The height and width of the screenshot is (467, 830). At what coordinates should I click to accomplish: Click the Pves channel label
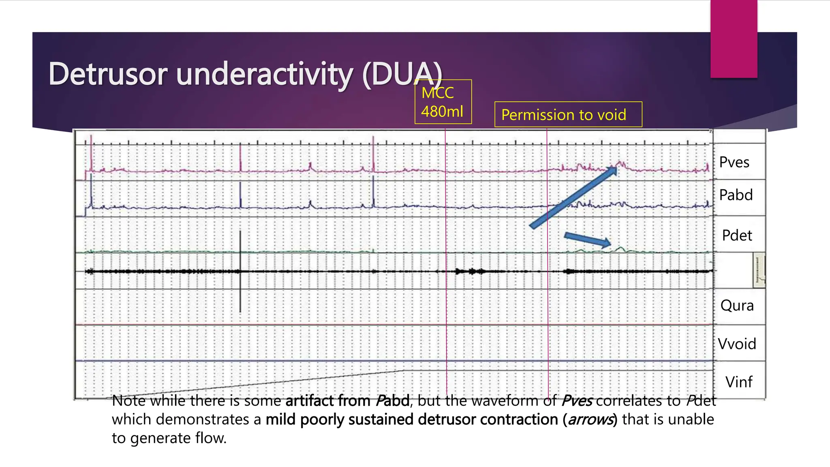(x=734, y=162)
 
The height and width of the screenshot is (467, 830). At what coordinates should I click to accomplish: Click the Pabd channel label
(x=736, y=195)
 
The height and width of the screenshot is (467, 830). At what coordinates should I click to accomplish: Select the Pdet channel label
(x=737, y=236)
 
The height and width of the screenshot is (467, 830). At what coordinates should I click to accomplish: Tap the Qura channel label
(x=737, y=305)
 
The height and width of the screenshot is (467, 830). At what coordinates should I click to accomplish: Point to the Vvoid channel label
(x=737, y=344)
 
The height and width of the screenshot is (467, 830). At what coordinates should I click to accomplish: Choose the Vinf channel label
(x=738, y=382)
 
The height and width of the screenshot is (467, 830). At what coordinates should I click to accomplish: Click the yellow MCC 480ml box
(x=443, y=102)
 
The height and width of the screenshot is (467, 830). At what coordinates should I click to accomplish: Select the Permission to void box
(x=568, y=115)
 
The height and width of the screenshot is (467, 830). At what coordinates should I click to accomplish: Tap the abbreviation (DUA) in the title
(x=402, y=74)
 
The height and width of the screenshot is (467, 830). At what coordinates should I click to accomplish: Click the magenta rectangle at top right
(x=734, y=39)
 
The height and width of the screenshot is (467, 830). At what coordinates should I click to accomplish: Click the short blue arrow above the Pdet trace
(x=588, y=239)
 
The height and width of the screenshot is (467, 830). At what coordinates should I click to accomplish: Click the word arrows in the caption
(x=590, y=420)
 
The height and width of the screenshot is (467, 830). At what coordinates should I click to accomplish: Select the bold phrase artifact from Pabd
(x=347, y=401)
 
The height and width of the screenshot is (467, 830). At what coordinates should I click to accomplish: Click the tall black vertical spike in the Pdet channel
(x=240, y=272)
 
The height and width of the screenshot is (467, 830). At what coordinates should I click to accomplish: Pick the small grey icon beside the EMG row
(x=759, y=270)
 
